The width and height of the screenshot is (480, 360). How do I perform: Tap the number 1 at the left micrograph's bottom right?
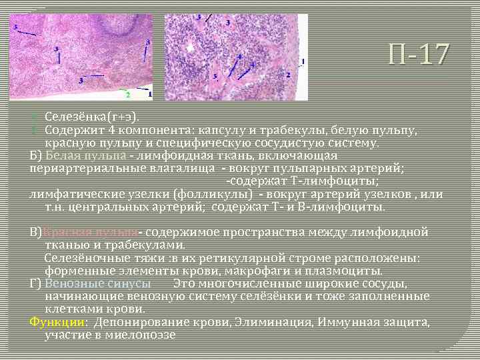[x=149, y=94]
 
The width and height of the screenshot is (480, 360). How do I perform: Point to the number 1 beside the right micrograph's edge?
[x=303, y=61]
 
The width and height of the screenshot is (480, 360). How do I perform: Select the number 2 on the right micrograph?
[x=288, y=75]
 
